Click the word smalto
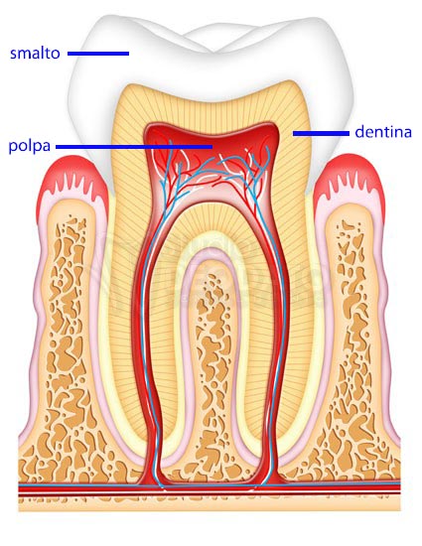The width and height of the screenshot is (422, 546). pos(35,54)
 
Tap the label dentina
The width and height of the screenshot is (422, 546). pos(383,132)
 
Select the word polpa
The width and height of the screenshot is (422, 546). pos(30,146)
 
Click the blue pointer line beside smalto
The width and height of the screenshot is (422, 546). pos(98,54)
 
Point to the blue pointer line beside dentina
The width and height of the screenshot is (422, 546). pos(321,133)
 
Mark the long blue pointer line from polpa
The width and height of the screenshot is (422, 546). pos(134,147)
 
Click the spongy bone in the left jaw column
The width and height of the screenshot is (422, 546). pos(68,348)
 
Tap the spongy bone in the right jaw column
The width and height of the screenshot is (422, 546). pos(355,348)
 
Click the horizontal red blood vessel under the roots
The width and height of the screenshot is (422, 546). pos(209,488)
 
